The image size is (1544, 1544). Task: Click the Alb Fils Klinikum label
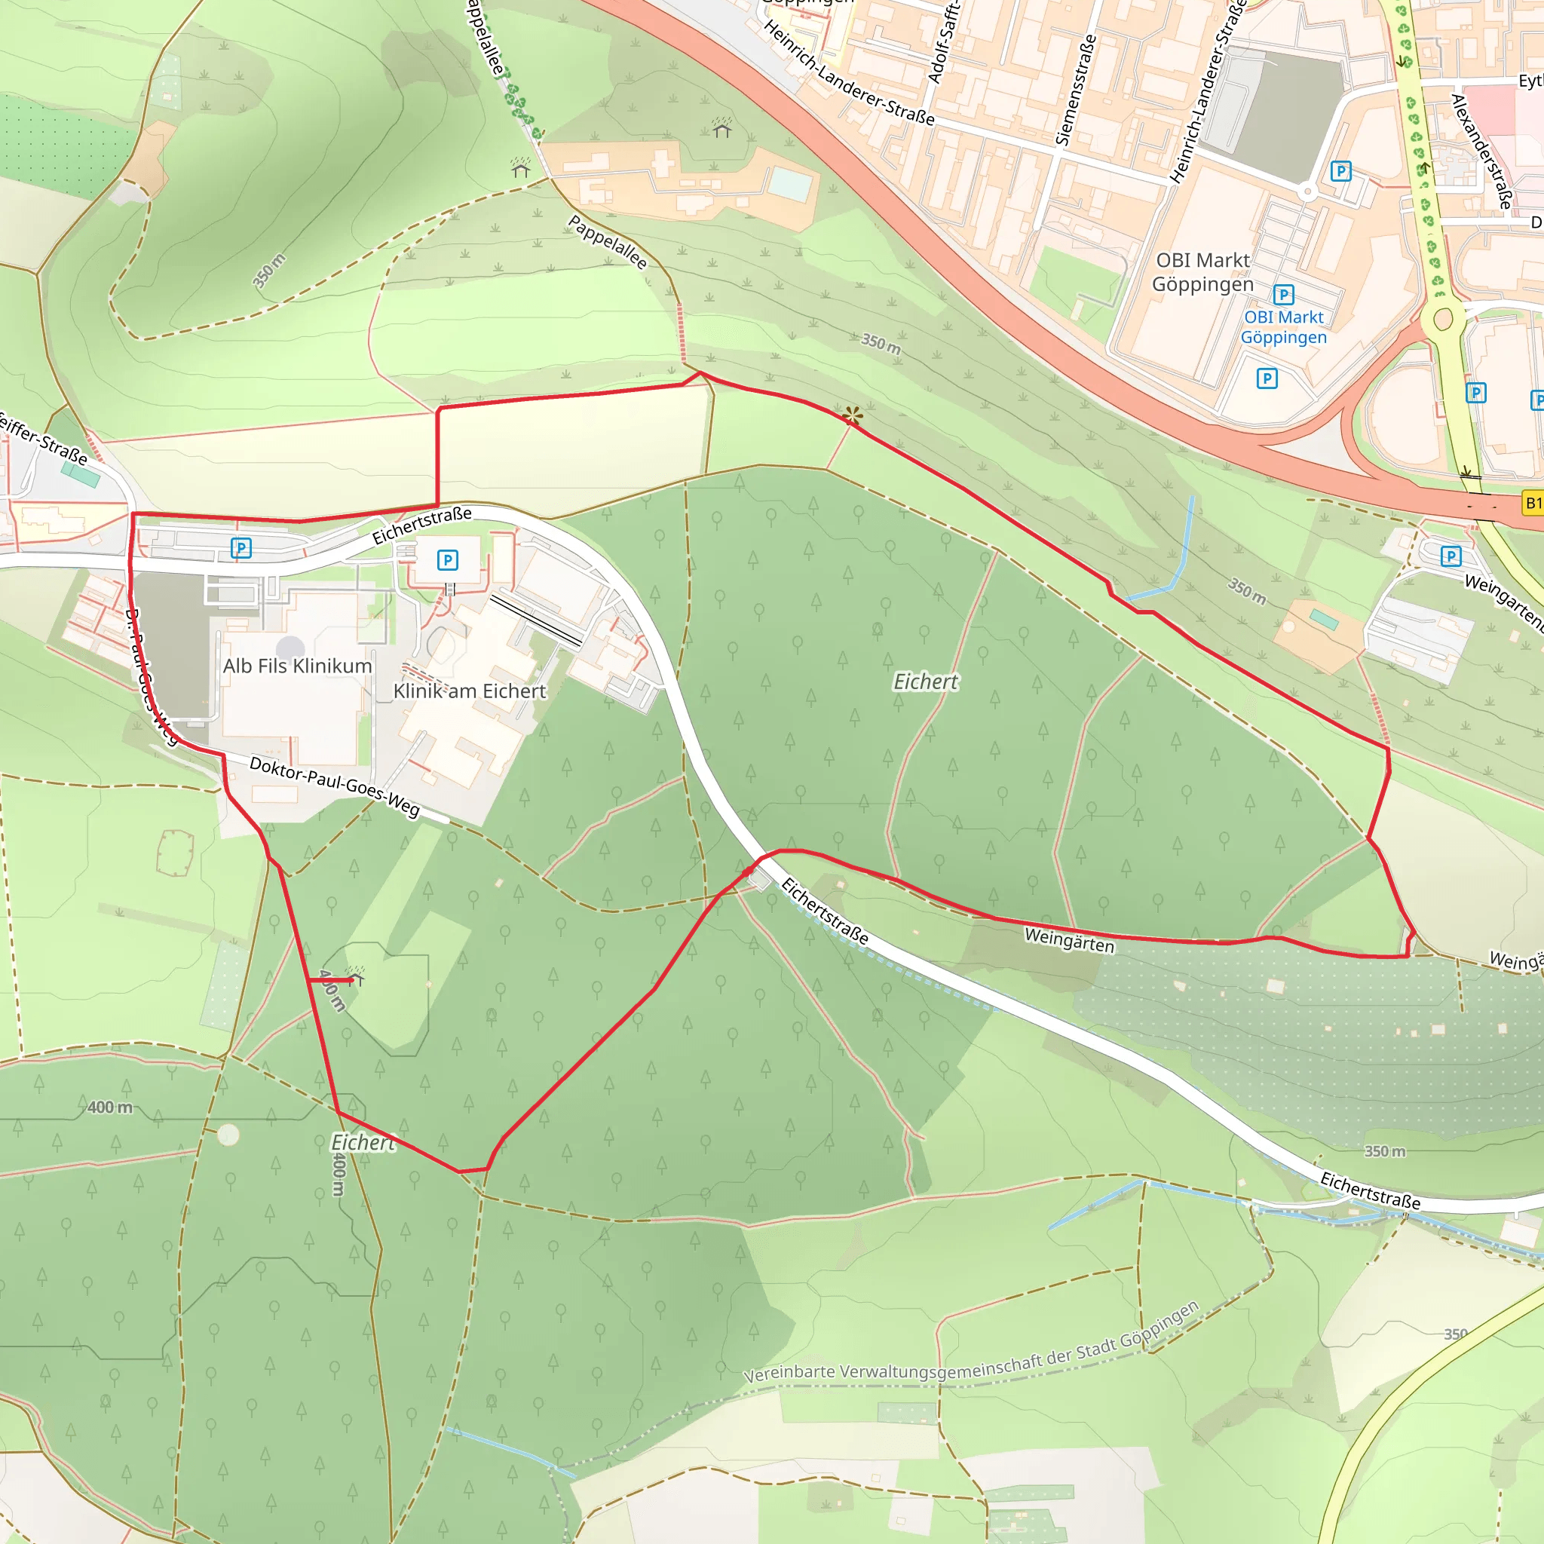(x=297, y=666)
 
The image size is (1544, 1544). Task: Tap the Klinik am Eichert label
(x=469, y=691)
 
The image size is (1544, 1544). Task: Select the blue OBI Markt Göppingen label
(x=1283, y=327)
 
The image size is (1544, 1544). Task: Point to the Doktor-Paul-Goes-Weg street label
(x=334, y=786)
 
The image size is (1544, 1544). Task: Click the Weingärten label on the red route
(x=1068, y=940)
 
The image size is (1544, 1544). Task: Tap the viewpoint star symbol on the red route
(x=853, y=415)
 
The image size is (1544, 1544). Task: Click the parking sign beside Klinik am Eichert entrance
(x=448, y=560)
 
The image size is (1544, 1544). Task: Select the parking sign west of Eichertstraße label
(x=240, y=548)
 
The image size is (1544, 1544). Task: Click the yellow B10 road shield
(x=1532, y=504)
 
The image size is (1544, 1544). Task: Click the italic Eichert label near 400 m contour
(x=362, y=1143)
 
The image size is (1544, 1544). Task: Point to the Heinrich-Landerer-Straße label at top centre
(x=849, y=72)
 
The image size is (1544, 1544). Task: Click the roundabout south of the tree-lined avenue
(x=1442, y=319)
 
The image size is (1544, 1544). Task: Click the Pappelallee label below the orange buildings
(x=608, y=242)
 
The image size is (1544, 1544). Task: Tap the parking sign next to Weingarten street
(x=1451, y=556)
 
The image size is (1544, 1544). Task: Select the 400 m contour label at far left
(x=109, y=1107)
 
